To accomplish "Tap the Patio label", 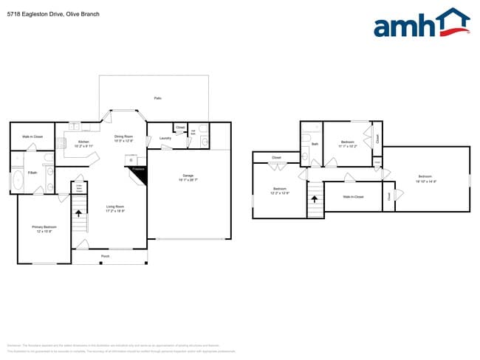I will (x=158, y=98).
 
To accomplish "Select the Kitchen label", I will (x=84, y=142).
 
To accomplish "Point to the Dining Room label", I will (x=123, y=136).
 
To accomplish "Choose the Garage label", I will (x=188, y=176).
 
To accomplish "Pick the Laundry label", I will (x=165, y=138).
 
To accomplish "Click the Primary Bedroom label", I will (x=44, y=227).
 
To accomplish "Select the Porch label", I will (x=106, y=256).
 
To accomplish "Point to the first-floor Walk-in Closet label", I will (x=32, y=136).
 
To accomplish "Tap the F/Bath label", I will (x=32, y=173).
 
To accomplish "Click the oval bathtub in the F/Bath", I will (x=18, y=181).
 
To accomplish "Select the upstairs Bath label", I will (x=315, y=144).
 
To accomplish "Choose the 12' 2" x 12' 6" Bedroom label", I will (x=280, y=190).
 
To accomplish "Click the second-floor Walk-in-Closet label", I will (x=353, y=196).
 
